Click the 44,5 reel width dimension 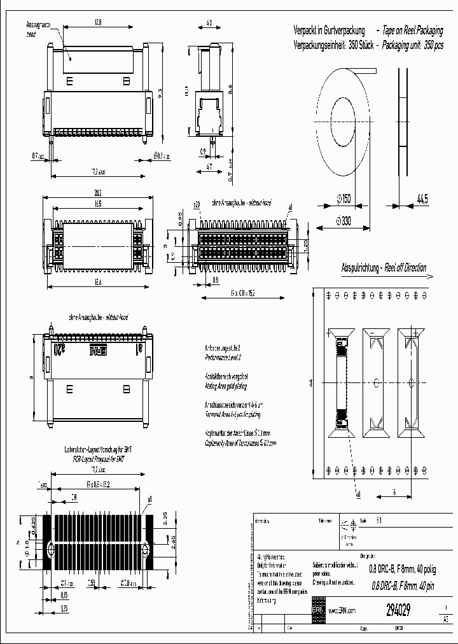tap(422, 200)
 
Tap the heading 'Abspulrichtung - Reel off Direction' tap(384, 268)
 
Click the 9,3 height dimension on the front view tap(160, 93)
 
